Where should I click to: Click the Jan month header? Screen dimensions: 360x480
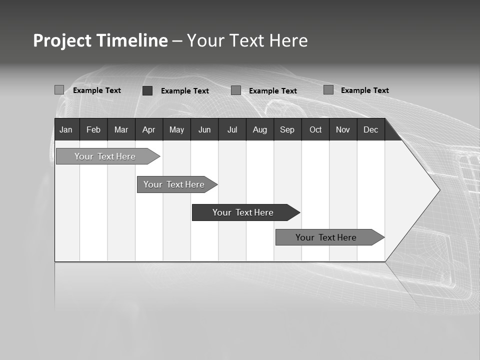(66, 129)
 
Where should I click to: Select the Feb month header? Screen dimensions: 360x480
(93, 129)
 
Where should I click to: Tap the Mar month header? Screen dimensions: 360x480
(121, 129)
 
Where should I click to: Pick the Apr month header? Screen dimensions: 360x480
(148, 129)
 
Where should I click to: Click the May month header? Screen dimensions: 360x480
(176, 129)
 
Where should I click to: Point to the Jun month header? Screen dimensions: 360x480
(204, 129)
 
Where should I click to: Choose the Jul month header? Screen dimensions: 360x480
(232, 129)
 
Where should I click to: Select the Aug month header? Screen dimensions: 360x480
(260, 129)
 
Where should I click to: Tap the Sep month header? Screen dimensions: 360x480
(287, 129)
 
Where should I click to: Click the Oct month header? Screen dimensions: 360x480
(315, 129)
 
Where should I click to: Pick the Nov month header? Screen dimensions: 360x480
(343, 129)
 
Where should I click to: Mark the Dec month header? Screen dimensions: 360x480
(370, 129)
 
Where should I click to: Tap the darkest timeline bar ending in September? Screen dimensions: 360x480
(243, 212)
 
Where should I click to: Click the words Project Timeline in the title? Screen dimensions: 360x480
(100, 40)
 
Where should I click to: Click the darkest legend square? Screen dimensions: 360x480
(147, 90)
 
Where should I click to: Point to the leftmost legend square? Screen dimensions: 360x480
(59, 90)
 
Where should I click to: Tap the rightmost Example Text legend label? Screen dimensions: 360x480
(364, 90)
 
